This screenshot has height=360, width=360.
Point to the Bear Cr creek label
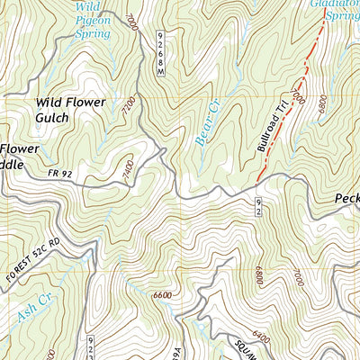click(x=206, y=123)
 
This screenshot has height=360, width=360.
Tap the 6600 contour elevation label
click(x=163, y=293)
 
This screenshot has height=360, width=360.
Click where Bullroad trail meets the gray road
click(x=257, y=183)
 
